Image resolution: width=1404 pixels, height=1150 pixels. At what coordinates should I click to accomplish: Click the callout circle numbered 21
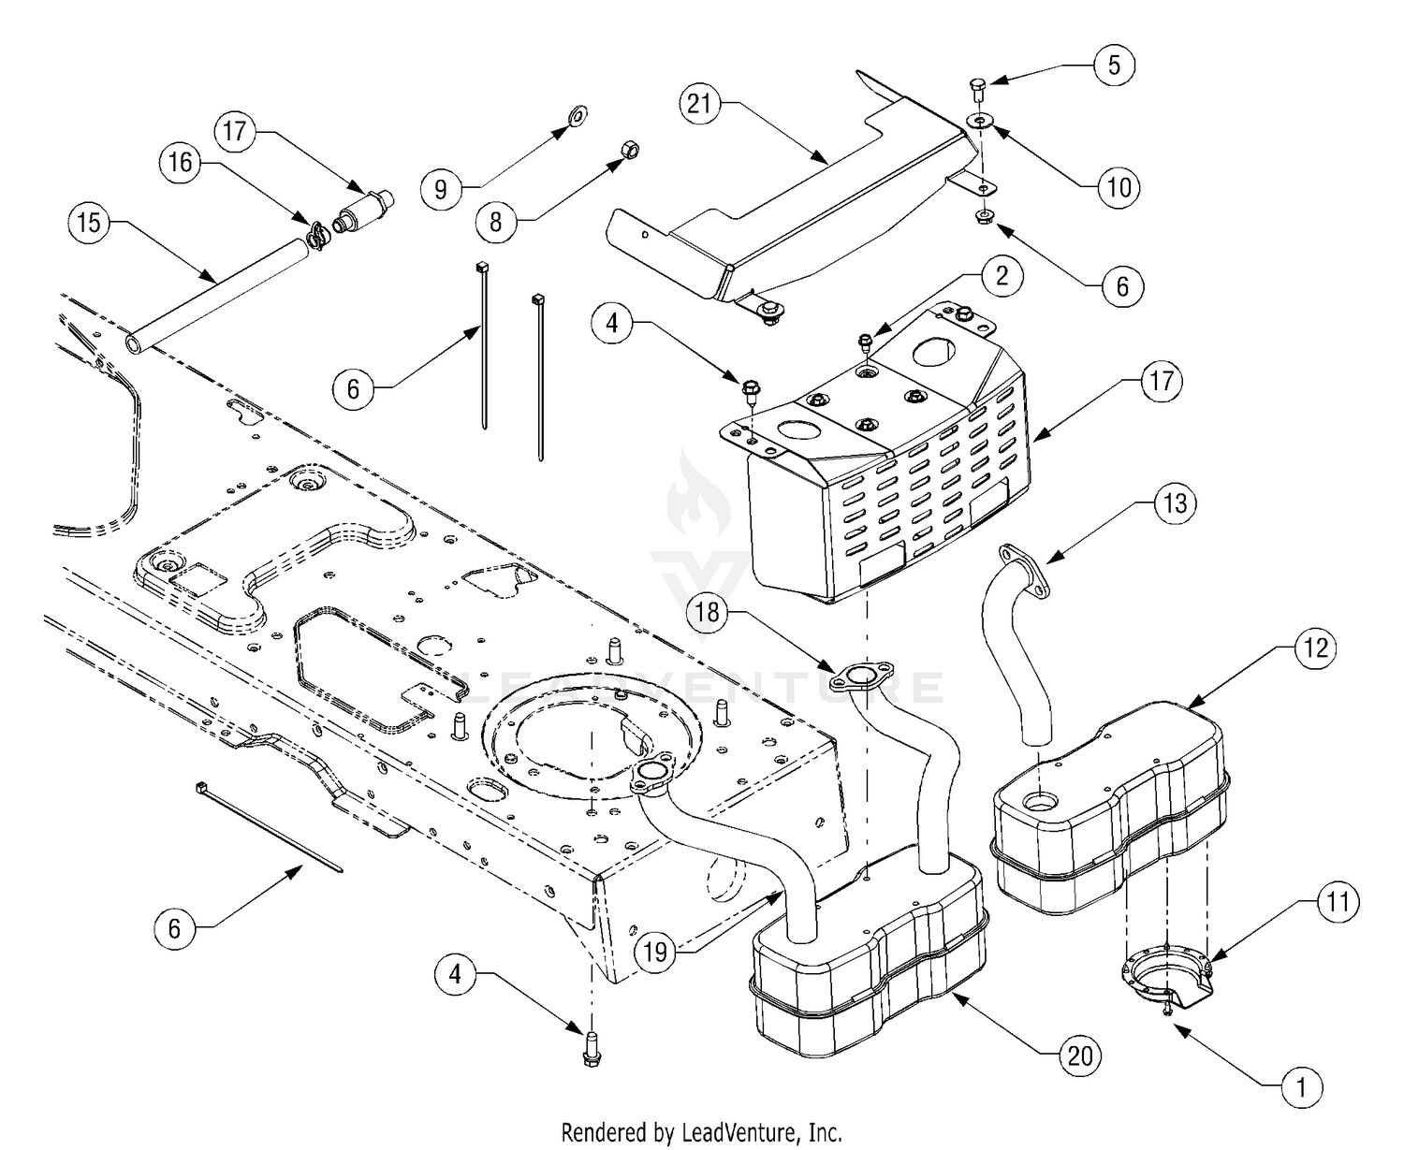point(700,105)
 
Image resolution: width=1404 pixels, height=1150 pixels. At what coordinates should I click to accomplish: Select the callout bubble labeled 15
point(89,223)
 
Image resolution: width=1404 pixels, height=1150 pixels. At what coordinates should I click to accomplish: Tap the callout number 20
point(1080,1056)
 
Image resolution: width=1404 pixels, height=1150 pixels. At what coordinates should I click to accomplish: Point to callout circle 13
point(1175,503)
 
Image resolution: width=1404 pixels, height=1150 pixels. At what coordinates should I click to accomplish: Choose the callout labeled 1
point(1301,1088)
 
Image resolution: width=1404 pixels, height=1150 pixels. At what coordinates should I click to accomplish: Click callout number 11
point(1338,902)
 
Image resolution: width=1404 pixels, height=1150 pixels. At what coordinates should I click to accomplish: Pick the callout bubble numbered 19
point(655,953)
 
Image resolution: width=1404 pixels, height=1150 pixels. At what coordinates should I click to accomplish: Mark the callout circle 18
point(707,612)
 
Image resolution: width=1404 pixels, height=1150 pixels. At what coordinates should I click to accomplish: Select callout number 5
point(1114,66)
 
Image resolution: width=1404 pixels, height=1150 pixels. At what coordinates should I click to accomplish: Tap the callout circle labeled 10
point(1119,188)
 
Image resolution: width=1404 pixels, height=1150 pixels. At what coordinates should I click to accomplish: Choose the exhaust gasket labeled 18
point(861,677)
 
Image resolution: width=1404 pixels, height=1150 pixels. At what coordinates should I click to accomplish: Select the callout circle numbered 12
point(1315,648)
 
